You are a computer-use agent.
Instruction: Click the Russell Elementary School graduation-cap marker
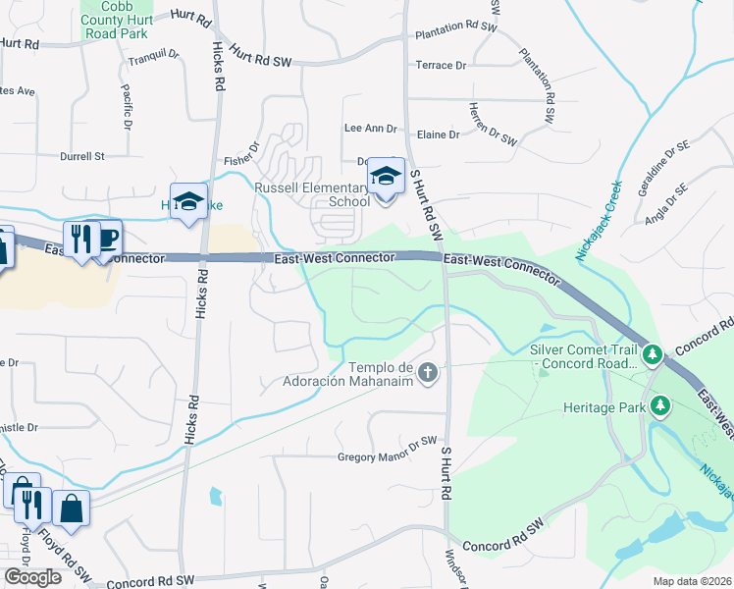point(386,177)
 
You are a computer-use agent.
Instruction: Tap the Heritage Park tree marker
point(661,404)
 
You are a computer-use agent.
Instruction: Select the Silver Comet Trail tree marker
point(652,351)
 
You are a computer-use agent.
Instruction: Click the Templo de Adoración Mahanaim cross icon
point(427,372)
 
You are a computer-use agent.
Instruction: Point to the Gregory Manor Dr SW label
point(387,456)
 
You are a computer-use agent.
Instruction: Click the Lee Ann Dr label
point(370,129)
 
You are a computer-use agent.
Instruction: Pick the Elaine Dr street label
point(439,134)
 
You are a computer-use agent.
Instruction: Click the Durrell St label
point(81,156)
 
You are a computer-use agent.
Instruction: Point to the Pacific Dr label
point(127,107)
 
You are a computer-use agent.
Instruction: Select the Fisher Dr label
point(241,154)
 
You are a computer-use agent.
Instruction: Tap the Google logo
point(32,577)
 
